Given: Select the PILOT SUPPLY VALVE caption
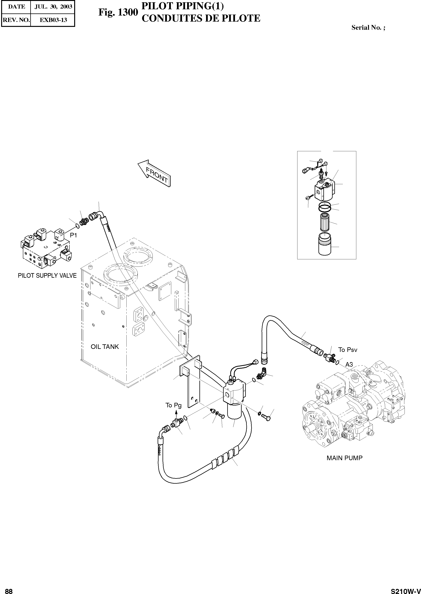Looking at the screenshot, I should pyautogui.click(x=47, y=276).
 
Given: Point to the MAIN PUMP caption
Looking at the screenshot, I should pyautogui.click(x=344, y=458).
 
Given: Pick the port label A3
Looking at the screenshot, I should pyautogui.click(x=349, y=365).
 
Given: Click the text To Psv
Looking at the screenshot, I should pyautogui.click(x=348, y=350).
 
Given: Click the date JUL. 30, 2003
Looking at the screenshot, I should pyautogui.click(x=53, y=7).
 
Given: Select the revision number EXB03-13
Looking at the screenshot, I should pyautogui.click(x=53, y=20).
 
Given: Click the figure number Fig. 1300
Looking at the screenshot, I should pyautogui.click(x=118, y=12).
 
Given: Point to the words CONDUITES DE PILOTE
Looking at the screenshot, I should pyautogui.click(x=201, y=18).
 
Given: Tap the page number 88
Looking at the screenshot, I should pyautogui.click(x=9, y=589).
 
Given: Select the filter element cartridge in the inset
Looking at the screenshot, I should pyautogui.click(x=325, y=222).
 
